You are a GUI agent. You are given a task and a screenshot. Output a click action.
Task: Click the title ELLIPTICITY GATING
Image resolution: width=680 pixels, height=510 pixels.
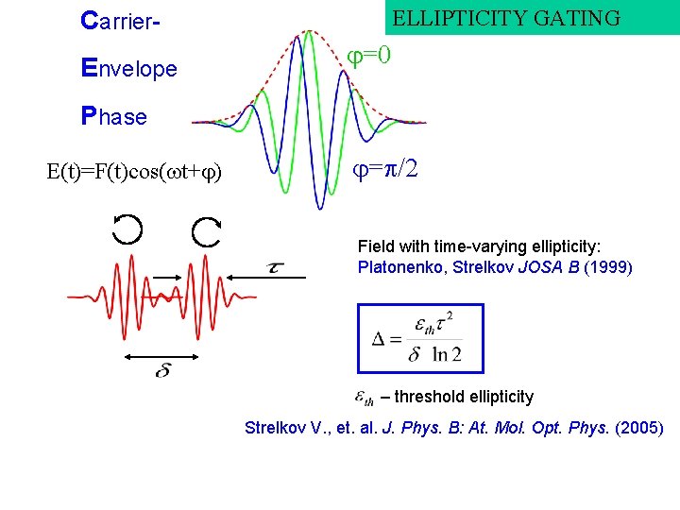pos(506,18)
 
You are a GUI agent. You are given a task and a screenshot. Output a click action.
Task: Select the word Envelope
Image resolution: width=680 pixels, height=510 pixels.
pos(129,68)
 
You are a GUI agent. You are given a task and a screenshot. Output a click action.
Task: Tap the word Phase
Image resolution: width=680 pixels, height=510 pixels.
pos(114,116)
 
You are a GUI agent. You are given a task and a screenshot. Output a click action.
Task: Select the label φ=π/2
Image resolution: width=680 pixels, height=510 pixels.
pos(385,169)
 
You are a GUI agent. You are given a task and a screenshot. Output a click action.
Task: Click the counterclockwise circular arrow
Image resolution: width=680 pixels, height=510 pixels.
pos(127,229)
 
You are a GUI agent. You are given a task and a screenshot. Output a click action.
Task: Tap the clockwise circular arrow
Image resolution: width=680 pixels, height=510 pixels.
pos(206,232)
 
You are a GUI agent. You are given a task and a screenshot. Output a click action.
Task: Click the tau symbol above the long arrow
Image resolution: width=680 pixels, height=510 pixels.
pos(276,267)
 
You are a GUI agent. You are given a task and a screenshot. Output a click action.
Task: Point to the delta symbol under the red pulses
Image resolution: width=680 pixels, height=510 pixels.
pos(163,371)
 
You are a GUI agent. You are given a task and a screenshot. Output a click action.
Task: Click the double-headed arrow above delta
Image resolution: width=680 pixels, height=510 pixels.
pos(161,356)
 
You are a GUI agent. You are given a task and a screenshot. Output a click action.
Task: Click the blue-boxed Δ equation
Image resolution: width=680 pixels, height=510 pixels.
pos(419,338)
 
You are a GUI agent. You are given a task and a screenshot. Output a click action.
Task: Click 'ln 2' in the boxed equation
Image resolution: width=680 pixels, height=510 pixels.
pos(446,355)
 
